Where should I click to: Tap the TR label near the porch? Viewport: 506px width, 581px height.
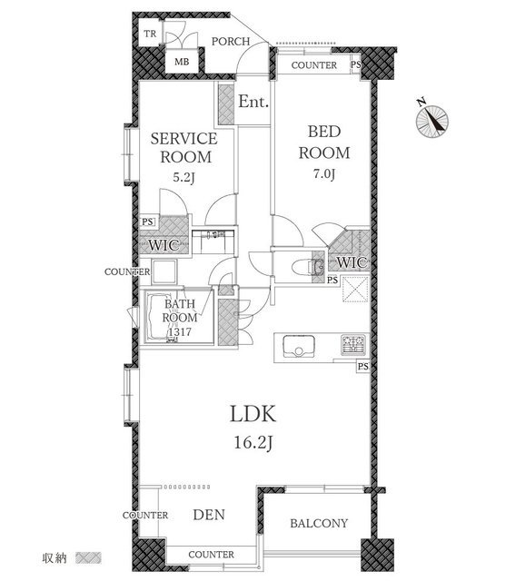(150, 34)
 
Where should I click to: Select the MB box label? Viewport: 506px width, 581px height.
(182, 62)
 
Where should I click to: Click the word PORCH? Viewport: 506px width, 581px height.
(231, 41)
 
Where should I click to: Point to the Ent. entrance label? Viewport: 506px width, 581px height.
(253, 101)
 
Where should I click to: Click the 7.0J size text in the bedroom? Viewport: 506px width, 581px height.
(324, 173)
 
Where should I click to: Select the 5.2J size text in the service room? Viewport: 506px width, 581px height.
(184, 178)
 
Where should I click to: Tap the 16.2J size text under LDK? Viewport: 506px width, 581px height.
(254, 442)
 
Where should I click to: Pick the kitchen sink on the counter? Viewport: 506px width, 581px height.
(299, 346)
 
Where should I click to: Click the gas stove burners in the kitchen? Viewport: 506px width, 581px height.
(353, 345)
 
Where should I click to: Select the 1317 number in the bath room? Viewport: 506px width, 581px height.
(180, 331)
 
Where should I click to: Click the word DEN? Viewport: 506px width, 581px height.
(209, 515)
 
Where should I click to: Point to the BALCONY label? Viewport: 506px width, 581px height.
(319, 523)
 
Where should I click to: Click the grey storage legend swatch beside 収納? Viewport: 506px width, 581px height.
(88, 557)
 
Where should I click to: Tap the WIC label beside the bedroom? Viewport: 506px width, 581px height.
(352, 262)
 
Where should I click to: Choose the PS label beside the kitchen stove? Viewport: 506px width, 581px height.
(362, 367)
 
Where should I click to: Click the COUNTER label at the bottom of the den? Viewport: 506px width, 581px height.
(212, 555)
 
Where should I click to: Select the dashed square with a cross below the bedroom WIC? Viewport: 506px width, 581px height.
(355, 289)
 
